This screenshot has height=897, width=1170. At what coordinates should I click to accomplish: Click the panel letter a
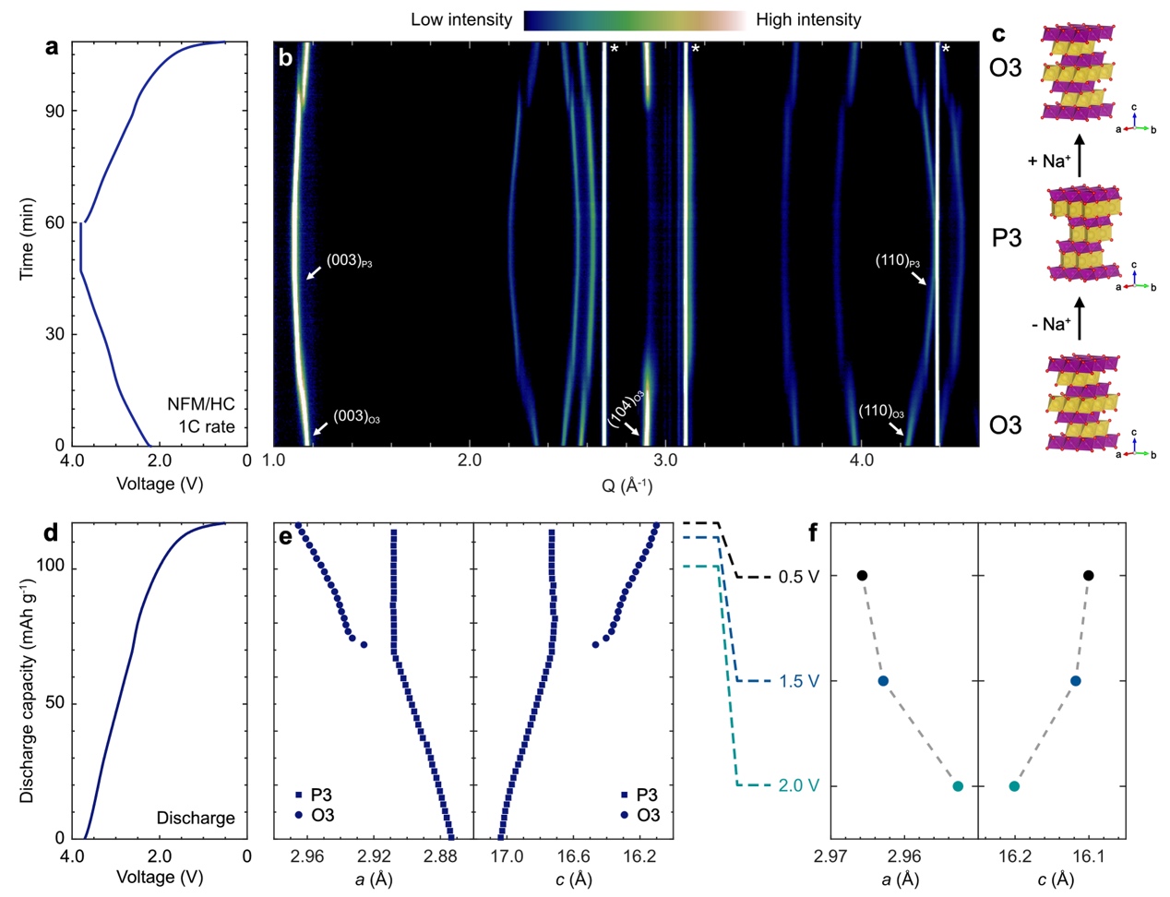tap(52, 46)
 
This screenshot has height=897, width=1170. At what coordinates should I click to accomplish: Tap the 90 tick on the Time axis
tap(54, 111)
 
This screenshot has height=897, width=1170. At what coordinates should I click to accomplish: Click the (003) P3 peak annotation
tap(349, 262)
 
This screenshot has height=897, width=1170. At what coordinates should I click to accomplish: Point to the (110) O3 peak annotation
tap(880, 413)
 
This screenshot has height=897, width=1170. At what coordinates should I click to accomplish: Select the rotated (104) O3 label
tap(626, 409)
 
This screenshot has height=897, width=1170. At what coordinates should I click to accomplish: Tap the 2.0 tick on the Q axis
tap(469, 460)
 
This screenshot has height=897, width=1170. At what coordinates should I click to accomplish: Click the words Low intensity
tap(461, 19)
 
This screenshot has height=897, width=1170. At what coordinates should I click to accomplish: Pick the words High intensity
tap(808, 19)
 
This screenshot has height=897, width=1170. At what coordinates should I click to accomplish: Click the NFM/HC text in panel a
tap(201, 404)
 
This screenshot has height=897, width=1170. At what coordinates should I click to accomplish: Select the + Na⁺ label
tap(1049, 161)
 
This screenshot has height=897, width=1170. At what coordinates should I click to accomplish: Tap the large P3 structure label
tap(1006, 238)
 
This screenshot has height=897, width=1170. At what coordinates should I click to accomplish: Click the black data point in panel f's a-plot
tap(862, 576)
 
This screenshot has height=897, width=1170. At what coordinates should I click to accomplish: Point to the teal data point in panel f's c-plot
tap(1014, 786)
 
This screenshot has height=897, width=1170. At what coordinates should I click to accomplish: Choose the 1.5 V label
tap(799, 681)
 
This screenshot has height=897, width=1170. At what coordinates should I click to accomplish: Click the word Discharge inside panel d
tap(196, 818)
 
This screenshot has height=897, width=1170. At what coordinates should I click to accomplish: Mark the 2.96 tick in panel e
tap(307, 857)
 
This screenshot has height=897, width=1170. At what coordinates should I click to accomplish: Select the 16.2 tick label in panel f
tap(1014, 857)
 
